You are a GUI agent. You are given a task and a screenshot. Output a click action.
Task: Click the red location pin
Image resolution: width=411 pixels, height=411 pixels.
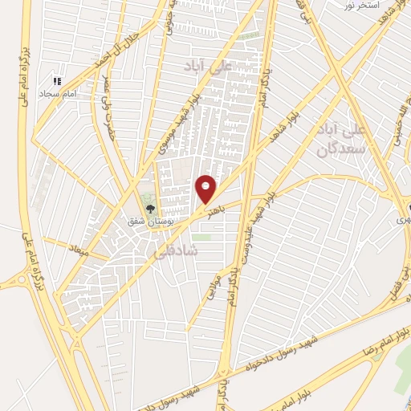click(206, 189)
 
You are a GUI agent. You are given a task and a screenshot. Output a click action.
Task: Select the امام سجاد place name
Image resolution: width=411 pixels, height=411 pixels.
click(59, 93)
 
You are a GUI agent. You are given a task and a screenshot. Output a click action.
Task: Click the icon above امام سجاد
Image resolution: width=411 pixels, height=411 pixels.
click(57, 81)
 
